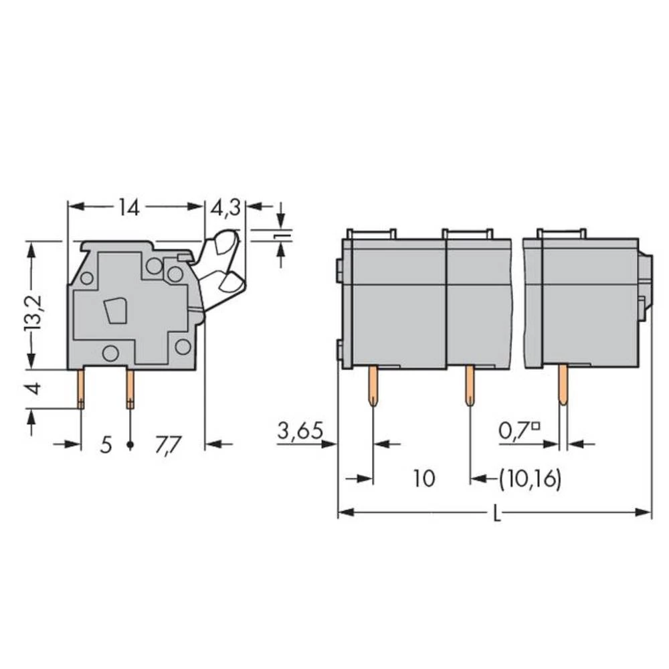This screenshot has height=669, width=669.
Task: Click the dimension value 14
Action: tap(128, 207)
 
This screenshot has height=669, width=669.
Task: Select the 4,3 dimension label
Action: tap(225, 208)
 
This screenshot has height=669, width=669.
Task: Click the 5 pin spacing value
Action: tap(105, 445)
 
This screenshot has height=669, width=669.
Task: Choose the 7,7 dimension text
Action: tap(167, 445)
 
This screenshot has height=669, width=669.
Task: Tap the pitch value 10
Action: tap(423, 479)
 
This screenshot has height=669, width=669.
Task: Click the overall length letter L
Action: tap(496, 514)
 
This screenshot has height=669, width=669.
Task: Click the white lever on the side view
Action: tap(222, 268)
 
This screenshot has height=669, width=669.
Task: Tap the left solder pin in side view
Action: tap(81, 389)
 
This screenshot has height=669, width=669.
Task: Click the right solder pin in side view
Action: tap(130, 389)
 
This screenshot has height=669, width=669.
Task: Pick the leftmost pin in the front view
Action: tap(372, 386)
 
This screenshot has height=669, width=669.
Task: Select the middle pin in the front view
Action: tap(470, 386)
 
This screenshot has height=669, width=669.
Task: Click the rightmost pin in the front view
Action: tap(563, 386)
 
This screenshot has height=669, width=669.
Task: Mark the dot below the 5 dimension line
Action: tap(130, 445)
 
